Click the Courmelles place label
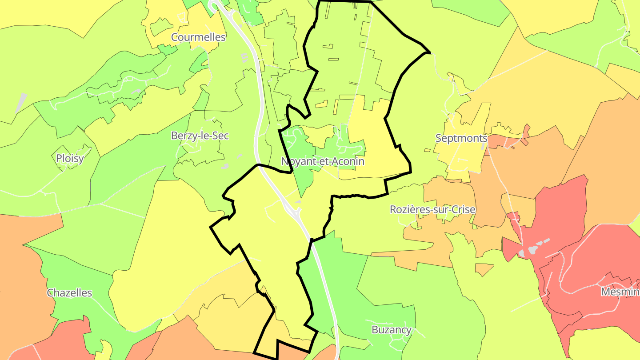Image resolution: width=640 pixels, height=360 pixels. pos(198,37)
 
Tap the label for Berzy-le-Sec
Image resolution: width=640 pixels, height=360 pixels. pos(200,136)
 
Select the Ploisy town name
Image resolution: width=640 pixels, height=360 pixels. pos(70,159)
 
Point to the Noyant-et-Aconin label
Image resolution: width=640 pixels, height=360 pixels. pos(323,161)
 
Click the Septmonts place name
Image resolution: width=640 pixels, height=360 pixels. pos(461,138)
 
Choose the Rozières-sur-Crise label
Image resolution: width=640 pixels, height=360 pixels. pos(432,209)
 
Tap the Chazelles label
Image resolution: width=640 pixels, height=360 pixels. pos(69,293)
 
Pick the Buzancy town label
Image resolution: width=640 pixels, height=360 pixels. pos(391,330)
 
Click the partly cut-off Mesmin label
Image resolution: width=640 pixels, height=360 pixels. pos(620,292)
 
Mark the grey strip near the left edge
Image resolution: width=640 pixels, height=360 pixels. pos(21,103)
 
